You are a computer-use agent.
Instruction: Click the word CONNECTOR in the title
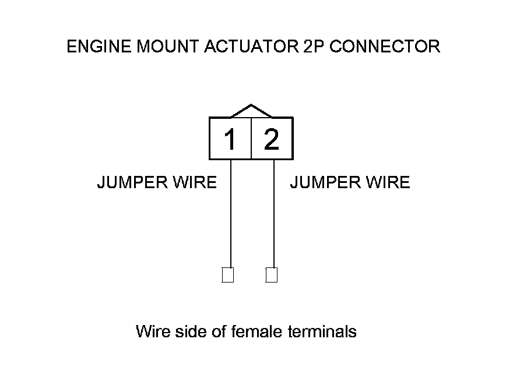[x=385, y=47]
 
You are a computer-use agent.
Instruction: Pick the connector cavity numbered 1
[x=230, y=139]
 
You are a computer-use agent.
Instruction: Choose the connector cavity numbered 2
[x=272, y=139]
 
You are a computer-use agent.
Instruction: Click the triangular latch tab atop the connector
[x=251, y=111]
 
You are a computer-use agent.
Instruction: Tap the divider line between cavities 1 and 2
[x=251, y=139]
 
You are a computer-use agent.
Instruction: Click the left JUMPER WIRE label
[x=156, y=183]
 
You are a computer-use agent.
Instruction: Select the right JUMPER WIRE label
[x=350, y=183]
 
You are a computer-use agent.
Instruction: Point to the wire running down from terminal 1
[x=231, y=216]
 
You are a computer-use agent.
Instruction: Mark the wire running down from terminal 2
[x=274, y=216]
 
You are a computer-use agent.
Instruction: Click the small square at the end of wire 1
[x=228, y=275]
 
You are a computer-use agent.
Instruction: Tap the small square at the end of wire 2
[x=272, y=275]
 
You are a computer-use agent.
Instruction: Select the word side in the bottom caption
[x=192, y=332]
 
